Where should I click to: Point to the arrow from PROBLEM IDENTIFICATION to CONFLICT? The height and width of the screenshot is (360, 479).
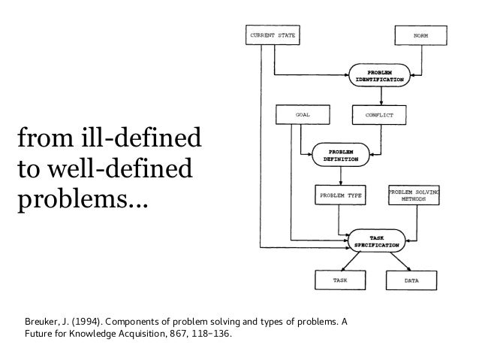click(x=381, y=95)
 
